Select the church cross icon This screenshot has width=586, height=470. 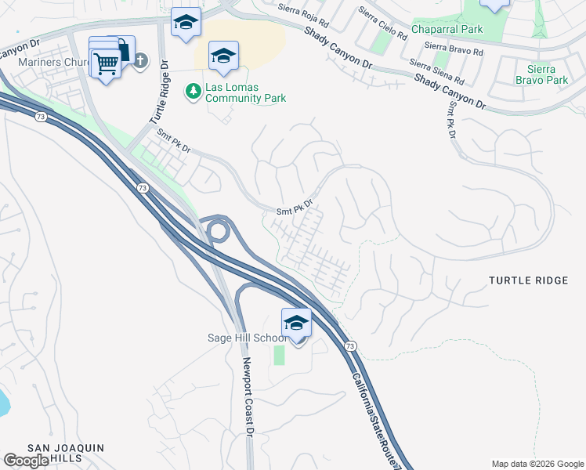[140, 60]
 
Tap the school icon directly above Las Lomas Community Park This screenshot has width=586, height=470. [223, 56]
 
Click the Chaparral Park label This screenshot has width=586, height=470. [449, 30]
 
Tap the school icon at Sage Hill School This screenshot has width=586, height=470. [297, 324]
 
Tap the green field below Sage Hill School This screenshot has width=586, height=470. [279, 355]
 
